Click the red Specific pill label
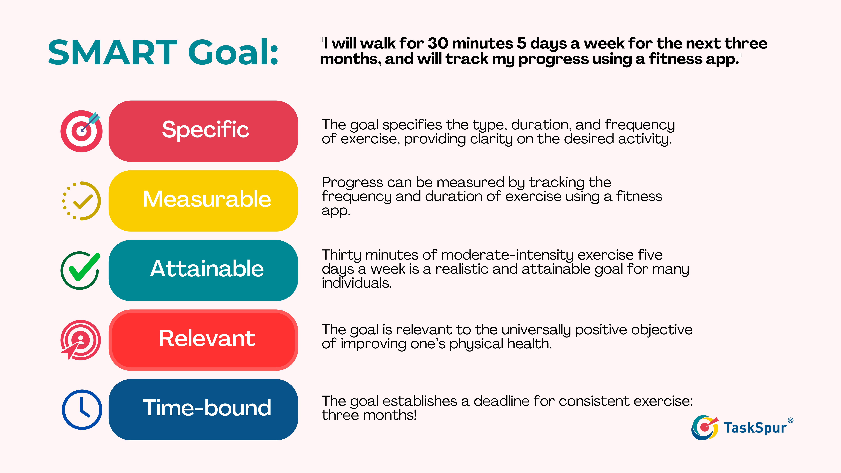tap(203, 131)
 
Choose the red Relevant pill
tap(203, 340)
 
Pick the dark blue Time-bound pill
tap(203, 409)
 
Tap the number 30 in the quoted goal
tap(438, 43)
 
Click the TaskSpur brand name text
tap(755, 428)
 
